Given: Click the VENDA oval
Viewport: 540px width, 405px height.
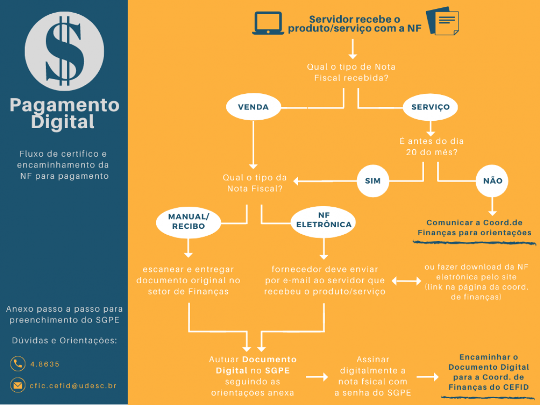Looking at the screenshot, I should click(253, 107).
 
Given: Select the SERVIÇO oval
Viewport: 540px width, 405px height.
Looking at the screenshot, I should click(430, 107).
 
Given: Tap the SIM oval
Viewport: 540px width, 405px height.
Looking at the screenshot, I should click(373, 180).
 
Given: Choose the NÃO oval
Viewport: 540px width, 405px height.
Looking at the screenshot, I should click(492, 180).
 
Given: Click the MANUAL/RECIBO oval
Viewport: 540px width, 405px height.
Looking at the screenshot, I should click(189, 222).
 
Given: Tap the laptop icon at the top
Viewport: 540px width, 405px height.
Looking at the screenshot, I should click(268, 23).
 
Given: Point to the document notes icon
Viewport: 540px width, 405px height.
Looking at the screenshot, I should click(443, 21).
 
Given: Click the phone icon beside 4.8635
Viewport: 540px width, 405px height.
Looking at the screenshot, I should click(18, 364).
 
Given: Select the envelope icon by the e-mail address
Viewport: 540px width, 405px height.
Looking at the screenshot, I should click(18, 385).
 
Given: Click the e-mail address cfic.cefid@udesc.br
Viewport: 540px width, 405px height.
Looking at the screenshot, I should click(73, 386).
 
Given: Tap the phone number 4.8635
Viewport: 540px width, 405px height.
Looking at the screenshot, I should click(45, 364).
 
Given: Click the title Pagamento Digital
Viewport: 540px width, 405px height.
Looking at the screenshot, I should click(64, 113).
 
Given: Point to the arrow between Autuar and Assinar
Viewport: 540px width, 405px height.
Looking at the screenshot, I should click(317, 377).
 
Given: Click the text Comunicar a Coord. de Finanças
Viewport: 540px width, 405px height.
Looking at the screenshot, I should click(474, 227).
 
